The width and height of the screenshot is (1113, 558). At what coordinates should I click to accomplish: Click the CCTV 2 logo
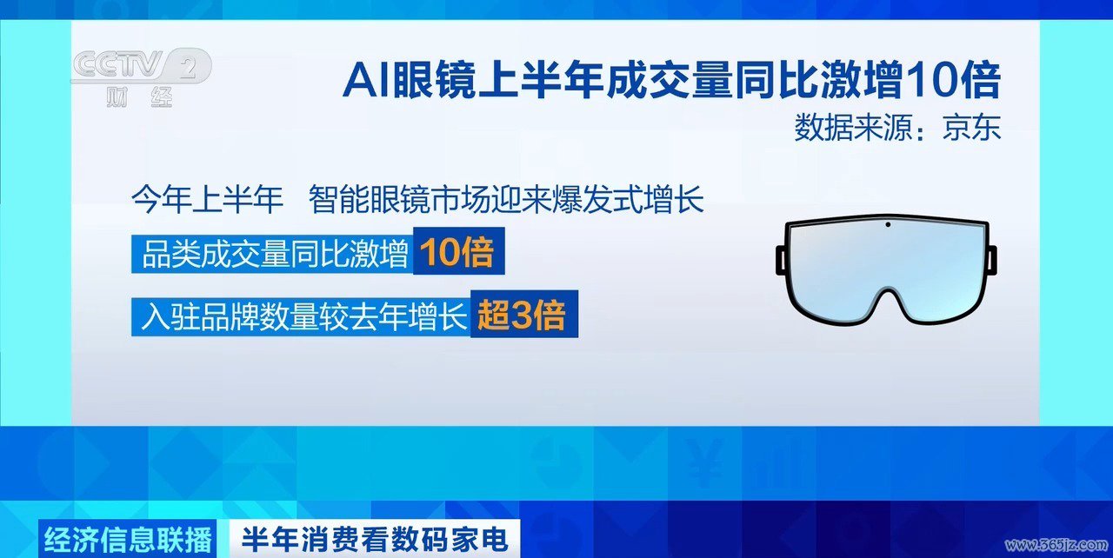(142, 67)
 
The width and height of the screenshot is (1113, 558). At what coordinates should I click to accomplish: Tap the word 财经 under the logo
(139, 96)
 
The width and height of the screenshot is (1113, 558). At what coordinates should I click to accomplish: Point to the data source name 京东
(972, 128)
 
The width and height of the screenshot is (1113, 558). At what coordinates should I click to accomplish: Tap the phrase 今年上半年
(207, 200)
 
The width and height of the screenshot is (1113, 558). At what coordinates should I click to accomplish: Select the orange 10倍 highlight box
(458, 251)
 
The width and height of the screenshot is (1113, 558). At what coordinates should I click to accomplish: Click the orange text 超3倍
(522, 315)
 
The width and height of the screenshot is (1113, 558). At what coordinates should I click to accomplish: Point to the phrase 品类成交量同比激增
(276, 254)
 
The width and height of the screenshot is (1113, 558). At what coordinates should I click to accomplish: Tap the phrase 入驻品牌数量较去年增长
(304, 316)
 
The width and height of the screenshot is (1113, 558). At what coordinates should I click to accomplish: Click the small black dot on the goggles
(888, 225)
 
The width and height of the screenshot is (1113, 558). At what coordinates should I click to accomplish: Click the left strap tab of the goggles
(782, 260)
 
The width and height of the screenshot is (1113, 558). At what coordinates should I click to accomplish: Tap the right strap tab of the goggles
(991, 260)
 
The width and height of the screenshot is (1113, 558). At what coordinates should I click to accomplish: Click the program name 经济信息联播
(128, 539)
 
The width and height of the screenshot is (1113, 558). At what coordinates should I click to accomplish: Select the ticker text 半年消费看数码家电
(375, 539)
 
